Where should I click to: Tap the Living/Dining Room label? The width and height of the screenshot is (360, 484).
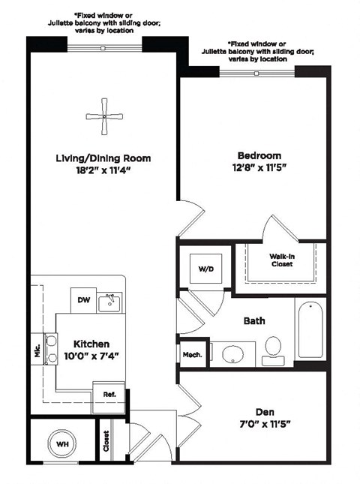pos(103,158)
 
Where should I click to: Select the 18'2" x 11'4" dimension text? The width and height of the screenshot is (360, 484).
pos(103,171)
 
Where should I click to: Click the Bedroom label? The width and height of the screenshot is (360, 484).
pos(252,155)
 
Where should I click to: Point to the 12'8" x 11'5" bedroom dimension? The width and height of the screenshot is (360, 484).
pos(252,168)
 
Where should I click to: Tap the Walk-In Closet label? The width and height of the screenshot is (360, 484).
pos(281,260)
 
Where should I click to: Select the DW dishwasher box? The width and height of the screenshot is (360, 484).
pos(84,301)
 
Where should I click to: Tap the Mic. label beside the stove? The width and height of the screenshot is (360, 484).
pos(37,353)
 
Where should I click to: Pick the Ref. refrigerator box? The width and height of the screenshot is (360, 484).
pos(109,393)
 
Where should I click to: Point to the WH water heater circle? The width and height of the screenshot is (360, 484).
pos(61,443)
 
